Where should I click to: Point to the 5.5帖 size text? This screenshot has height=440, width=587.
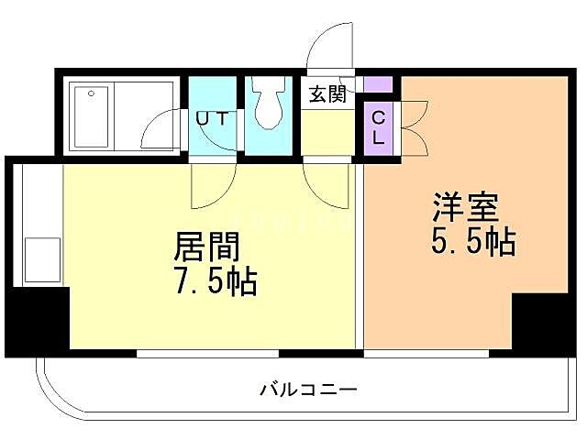click(473, 242)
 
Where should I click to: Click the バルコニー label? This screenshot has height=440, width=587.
click(307, 389)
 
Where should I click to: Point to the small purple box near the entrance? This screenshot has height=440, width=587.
click(378, 85)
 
